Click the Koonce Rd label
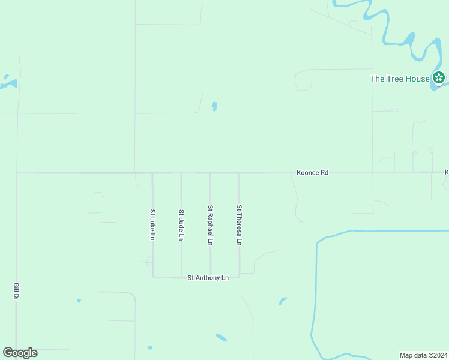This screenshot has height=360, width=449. pos(312,173)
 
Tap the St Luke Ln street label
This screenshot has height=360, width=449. pos(153,224)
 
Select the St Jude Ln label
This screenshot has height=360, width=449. pos(181,224)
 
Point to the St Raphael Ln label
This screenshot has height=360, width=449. pos(210,225)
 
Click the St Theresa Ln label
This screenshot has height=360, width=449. pos(239,225)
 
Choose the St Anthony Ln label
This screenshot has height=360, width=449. pos(208,278)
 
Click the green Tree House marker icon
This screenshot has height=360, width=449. pos(439,78)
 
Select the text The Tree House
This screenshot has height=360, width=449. pos(400,79)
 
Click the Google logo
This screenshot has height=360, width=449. pos(20,353)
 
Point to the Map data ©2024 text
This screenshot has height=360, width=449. pos(423,355)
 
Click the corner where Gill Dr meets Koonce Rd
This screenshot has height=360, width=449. pos(17,173)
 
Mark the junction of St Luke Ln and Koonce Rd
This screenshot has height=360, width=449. pos(152,173)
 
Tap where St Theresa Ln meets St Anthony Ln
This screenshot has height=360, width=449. pos(240,277)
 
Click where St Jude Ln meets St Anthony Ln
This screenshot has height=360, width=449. pos(181,277)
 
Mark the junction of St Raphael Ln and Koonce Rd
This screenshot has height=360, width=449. pos(210,173)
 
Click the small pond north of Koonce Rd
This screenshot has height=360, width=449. pos(214,107)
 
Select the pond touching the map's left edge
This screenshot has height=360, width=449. pos(7,82)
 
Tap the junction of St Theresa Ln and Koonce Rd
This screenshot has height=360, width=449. pos(240,173)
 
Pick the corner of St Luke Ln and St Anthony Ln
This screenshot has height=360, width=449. pos(153,277)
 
